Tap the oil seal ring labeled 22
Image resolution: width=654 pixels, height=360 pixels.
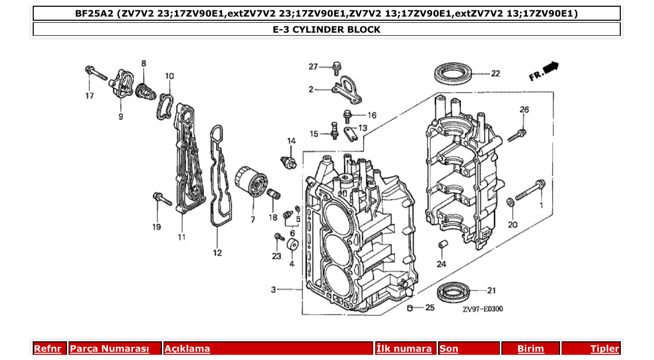coord(452,73)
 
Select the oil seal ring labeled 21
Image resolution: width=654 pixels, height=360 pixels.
coord(453,292)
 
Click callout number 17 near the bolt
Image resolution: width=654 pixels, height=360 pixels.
coord(90,95)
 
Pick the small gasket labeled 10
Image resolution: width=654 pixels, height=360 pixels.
coord(166,105)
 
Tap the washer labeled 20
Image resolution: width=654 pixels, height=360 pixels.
coord(510,201)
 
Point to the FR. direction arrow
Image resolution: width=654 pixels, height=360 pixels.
coord(544,71)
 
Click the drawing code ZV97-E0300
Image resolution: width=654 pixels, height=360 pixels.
coord(483,309)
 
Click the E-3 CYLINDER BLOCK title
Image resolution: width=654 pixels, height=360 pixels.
coord(326,30)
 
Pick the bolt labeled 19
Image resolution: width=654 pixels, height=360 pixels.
coord(161,199)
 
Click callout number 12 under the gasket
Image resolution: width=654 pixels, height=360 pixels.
coord(217,253)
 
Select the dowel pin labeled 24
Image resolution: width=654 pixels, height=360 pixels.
coord(442,245)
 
